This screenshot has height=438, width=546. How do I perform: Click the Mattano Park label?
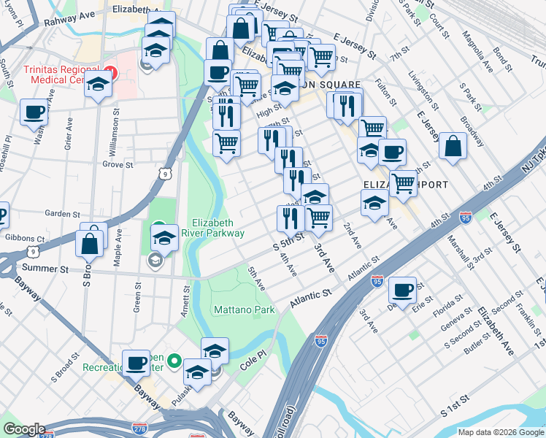point(244,310)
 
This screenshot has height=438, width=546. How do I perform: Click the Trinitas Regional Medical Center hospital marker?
point(110,72)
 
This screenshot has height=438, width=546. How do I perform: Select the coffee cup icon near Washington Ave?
point(33,113)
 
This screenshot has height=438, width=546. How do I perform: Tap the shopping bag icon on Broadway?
point(453,145)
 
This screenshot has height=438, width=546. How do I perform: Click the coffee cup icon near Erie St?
point(401,290)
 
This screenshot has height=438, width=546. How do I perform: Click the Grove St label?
point(117,165)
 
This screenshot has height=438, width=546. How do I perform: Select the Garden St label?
point(62,214)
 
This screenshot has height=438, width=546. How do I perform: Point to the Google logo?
point(24,429)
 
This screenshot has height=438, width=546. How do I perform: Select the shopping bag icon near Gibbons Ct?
point(89,243)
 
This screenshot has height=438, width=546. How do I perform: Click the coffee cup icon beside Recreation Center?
point(135,362)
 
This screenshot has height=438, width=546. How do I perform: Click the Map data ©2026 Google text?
point(500,431)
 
